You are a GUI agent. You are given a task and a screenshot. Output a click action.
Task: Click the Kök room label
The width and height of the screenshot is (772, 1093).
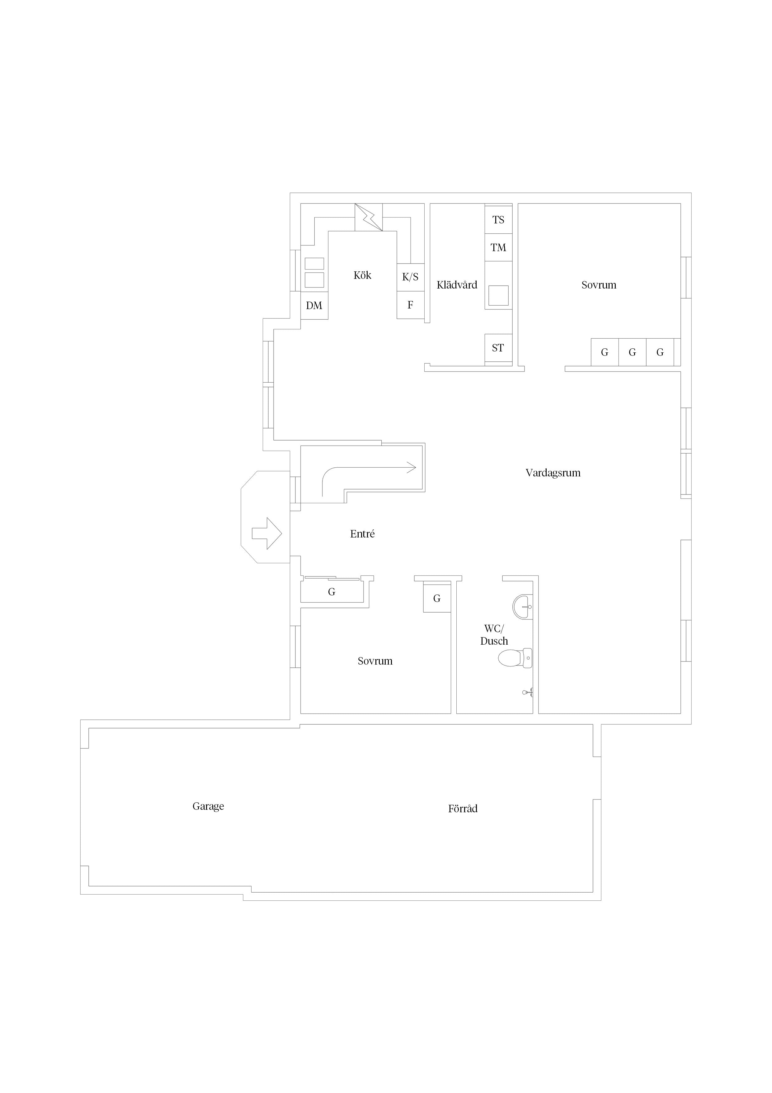(362, 275)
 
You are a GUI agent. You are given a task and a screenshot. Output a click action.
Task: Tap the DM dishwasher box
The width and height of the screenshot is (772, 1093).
(314, 305)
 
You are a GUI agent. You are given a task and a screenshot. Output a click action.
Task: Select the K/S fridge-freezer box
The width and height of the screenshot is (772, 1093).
(411, 277)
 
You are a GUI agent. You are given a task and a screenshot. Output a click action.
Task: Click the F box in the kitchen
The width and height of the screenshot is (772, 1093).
(411, 305)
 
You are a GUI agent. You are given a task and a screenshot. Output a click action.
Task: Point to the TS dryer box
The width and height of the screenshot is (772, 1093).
(498, 219)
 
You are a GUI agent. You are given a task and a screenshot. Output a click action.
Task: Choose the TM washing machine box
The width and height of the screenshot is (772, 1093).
(498, 247)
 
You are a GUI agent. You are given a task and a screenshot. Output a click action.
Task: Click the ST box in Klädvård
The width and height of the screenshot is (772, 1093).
(498, 348)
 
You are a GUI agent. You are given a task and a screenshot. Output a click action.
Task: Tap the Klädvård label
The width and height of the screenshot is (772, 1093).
(457, 285)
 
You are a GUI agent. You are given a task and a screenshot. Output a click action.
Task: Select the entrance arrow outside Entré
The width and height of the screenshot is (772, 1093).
(267, 534)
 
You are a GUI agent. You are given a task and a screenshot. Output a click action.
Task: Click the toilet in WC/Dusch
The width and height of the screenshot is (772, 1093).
(515, 658)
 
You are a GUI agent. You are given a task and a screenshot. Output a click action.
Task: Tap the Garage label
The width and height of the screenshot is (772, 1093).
(208, 806)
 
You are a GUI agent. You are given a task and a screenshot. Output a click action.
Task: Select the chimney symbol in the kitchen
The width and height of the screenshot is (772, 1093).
(369, 217)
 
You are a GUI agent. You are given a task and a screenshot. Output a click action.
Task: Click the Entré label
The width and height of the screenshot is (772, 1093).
(362, 534)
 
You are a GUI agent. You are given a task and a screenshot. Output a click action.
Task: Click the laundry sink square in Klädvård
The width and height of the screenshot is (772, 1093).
(498, 295)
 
